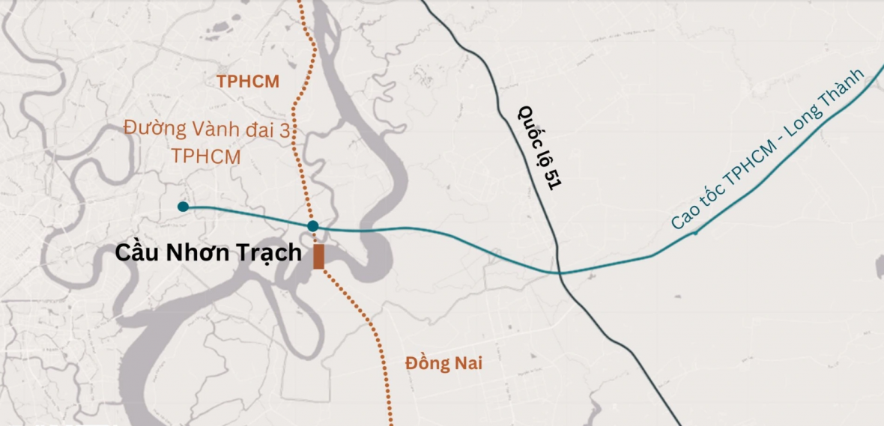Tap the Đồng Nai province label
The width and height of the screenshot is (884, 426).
pos(443,364)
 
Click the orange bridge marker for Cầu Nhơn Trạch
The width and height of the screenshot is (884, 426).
pos(318,256)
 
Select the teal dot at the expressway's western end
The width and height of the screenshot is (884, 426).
pos(183,207)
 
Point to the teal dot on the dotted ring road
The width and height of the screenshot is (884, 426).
pos(313,226)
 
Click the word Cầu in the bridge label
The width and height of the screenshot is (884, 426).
pos(136,253)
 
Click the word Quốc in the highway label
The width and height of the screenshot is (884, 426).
pos(529,124)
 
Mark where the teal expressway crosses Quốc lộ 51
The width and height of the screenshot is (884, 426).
pos(559,273)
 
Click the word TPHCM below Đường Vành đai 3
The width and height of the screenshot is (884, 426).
pos(206,157)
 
